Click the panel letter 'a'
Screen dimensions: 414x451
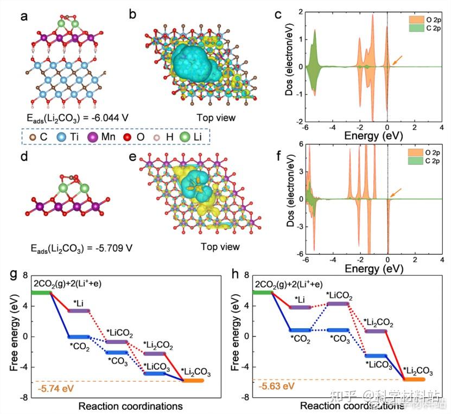tap(24, 16)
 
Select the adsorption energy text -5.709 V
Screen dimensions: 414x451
tap(81, 249)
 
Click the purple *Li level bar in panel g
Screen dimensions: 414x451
tap(79, 310)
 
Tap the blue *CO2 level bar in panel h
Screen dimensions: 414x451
tap(300, 330)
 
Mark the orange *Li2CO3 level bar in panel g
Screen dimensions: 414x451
tap(192, 381)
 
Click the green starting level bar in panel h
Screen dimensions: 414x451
tap(262, 293)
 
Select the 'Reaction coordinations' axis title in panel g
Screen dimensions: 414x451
tap(130, 406)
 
